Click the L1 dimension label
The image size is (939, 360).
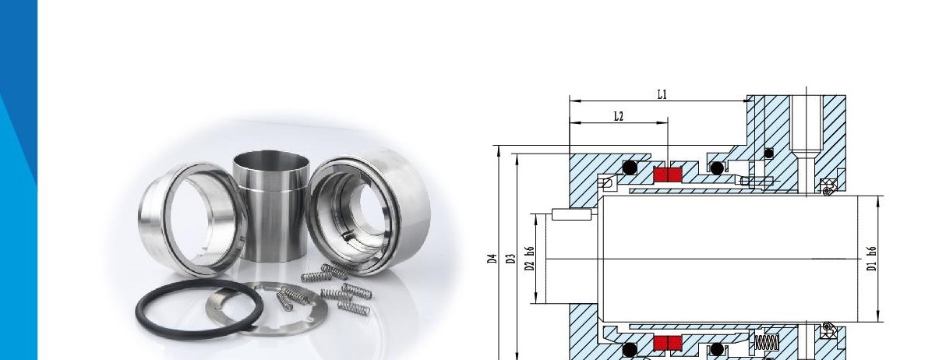[x=662, y=95]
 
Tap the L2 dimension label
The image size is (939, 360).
[x=619, y=117]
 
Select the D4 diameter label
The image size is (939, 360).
[x=492, y=259]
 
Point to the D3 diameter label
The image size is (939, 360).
[x=511, y=259]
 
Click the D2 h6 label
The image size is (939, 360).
[x=531, y=259]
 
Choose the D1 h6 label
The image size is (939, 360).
[x=872, y=259]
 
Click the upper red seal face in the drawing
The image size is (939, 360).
[x=668, y=175]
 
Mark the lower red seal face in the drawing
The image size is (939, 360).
[x=668, y=343]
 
